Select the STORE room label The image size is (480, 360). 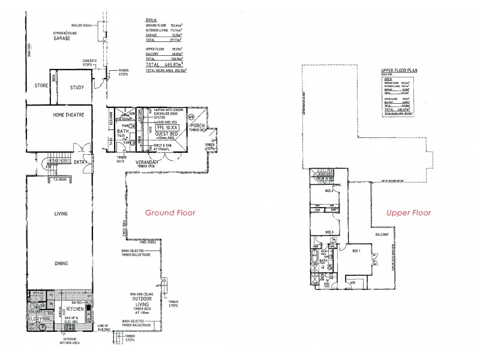point(41,86)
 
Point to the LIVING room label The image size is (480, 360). point(60,214)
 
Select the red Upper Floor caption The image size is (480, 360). point(410,212)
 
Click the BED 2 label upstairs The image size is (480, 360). point(329,191)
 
